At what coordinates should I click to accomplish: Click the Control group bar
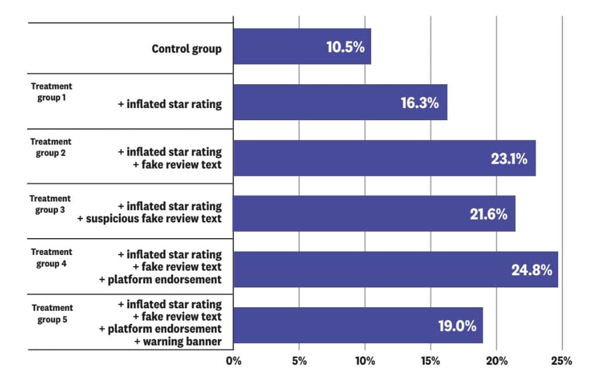point(302,46)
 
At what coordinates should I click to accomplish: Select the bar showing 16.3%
point(340,102)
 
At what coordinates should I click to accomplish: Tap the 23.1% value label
point(509,158)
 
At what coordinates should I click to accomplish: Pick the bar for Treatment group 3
point(374,214)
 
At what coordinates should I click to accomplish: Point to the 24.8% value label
point(531,269)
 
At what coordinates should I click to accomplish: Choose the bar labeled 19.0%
point(358,325)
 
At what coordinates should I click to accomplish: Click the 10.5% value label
point(345,47)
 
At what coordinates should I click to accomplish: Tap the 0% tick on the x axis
point(233,361)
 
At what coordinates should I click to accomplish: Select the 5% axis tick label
point(299,361)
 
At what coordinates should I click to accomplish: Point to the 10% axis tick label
point(364,361)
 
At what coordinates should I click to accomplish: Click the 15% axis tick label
point(430,361)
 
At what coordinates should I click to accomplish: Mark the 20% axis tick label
point(496,361)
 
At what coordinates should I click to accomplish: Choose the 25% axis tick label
point(562,361)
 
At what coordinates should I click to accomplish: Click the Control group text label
point(186,48)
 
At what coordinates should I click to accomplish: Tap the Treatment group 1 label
point(51,92)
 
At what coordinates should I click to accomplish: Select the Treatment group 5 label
point(52,312)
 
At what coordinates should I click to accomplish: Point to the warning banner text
point(178,342)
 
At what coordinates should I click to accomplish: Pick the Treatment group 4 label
point(51,257)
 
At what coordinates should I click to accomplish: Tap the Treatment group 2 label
point(51,147)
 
